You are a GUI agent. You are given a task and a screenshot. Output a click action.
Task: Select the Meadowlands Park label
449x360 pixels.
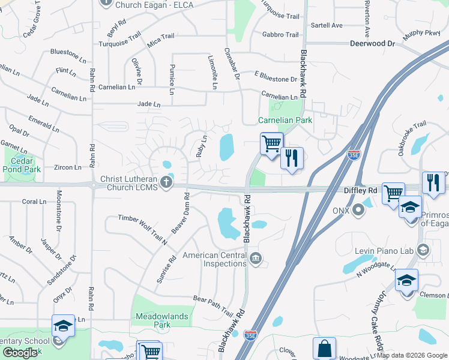click(x=162, y=320)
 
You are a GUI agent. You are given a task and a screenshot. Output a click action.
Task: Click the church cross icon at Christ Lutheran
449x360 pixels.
click(x=166, y=181)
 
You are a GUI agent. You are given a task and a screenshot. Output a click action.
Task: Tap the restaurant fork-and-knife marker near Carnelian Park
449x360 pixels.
click(x=292, y=158)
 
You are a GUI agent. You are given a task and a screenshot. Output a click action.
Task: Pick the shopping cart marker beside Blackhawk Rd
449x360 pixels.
click(x=271, y=143)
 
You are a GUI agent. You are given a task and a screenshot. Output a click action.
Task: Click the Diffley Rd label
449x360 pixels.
click(x=360, y=191)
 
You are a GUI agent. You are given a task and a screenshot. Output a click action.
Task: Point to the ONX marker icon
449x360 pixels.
click(x=358, y=210)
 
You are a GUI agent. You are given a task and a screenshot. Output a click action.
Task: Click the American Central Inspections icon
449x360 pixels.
click(x=256, y=259)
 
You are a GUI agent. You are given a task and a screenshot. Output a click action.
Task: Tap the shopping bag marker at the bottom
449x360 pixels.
click(x=324, y=348)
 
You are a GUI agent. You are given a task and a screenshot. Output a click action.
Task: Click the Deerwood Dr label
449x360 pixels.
click(x=373, y=44)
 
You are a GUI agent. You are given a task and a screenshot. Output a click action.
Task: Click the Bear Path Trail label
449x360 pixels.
click(x=213, y=305)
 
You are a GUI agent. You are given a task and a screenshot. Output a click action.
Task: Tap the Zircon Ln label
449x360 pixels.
click(x=67, y=167)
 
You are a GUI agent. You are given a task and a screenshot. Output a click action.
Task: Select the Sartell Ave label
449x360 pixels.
click(x=327, y=25)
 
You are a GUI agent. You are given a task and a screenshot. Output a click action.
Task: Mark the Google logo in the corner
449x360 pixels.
click(x=20, y=353)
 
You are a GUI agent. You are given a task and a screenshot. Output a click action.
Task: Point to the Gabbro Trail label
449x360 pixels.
click(x=280, y=35)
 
